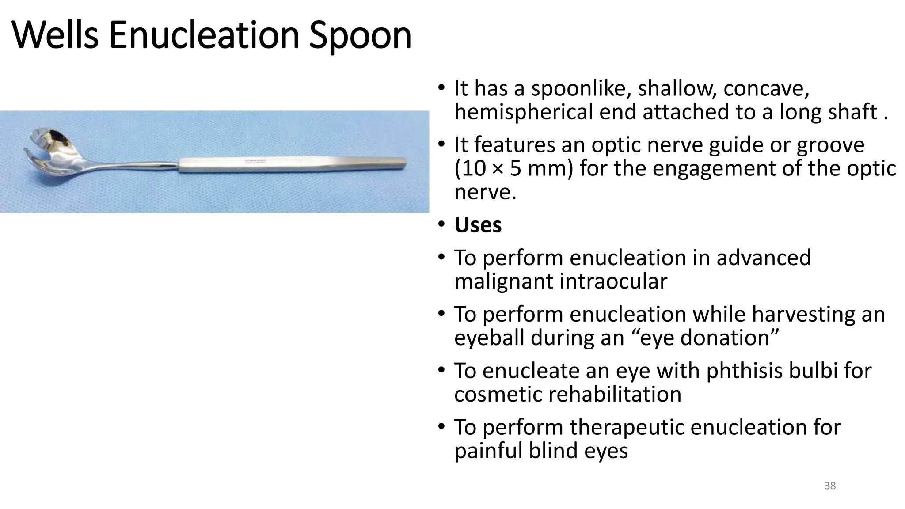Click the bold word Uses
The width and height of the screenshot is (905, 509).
pos(478,225)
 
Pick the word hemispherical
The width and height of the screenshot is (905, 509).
pos(523,112)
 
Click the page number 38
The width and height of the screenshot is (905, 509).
pos(830,486)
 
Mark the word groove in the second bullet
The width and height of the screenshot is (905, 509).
pos(830,145)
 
